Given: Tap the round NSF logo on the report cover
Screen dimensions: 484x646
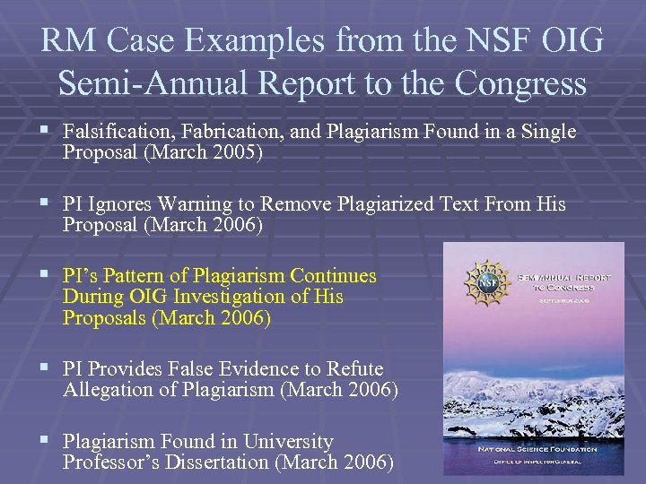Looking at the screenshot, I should tap(485, 284).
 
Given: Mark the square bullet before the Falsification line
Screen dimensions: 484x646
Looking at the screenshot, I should tap(46, 132).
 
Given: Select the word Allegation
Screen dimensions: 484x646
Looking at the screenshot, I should tap(109, 390).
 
